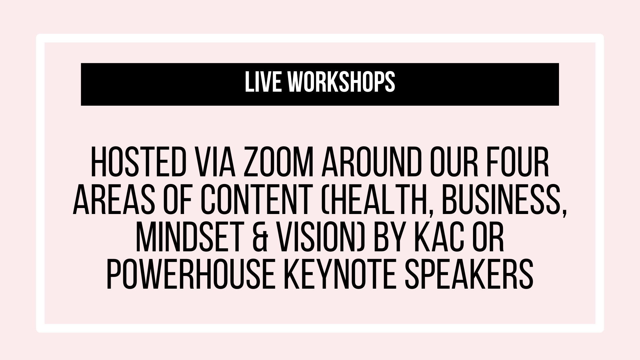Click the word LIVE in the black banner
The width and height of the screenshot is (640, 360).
point(257,82)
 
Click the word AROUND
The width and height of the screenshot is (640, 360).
point(370,164)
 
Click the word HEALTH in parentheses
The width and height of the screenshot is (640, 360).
point(365,203)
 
